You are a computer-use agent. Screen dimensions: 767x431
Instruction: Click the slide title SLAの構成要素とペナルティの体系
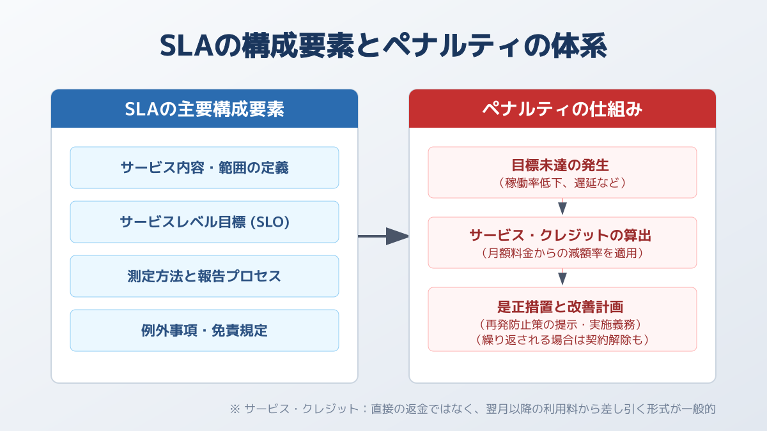(x=383, y=46)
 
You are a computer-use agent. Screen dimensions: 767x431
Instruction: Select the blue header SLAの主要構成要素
(x=205, y=109)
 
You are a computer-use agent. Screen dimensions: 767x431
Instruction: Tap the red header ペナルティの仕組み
(x=562, y=109)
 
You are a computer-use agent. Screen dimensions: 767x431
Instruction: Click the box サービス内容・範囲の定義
(x=205, y=167)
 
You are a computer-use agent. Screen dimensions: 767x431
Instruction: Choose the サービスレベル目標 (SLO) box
(x=205, y=222)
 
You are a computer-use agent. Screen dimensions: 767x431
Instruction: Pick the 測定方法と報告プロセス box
(x=205, y=276)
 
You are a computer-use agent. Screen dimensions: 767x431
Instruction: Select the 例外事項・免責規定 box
(x=205, y=331)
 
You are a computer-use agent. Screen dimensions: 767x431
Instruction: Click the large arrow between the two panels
(x=383, y=236)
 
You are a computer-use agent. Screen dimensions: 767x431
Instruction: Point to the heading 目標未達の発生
(x=560, y=165)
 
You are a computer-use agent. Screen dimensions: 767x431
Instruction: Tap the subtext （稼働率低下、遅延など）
(x=562, y=183)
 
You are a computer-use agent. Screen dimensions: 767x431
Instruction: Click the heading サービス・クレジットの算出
(x=560, y=236)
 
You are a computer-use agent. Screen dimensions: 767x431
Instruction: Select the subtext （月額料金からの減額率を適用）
(x=562, y=253)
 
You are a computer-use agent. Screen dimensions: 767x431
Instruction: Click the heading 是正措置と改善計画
(x=560, y=306)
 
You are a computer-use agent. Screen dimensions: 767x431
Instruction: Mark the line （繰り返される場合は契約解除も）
(x=562, y=340)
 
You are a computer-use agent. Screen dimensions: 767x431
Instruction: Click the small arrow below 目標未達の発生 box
(x=562, y=207)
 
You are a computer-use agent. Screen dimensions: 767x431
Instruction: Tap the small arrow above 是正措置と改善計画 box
(x=562, y=276)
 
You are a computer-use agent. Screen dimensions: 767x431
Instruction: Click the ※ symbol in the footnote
(x=235, y=409)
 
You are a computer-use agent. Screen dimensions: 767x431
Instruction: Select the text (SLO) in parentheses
(x=270, y=222)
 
